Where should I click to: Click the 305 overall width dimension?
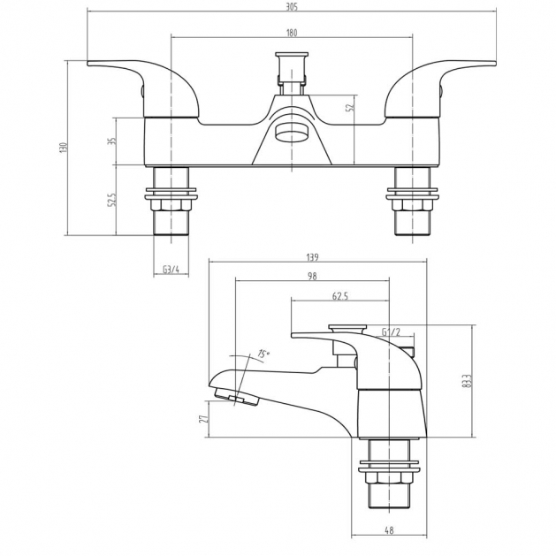coord(292,6)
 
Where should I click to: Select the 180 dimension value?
coord(292,33)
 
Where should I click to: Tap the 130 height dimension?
coord(63,148)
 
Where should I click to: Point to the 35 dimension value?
coord(112,141)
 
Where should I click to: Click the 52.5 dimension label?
coord(112,200)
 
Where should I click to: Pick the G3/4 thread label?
coord(171,269)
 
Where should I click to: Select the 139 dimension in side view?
coord(312,257)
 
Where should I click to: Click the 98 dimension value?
coord(312,276)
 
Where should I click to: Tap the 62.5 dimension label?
coord(340,296)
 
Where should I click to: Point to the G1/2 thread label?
coord(391,331)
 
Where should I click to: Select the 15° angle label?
coord(263,354)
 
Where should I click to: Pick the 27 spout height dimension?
coord(203,418)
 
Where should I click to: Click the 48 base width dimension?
coord(389,530)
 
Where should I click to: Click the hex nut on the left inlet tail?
coord(171,204)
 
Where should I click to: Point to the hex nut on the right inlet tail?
coord(413,204)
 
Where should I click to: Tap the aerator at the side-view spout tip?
coord(236,397)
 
